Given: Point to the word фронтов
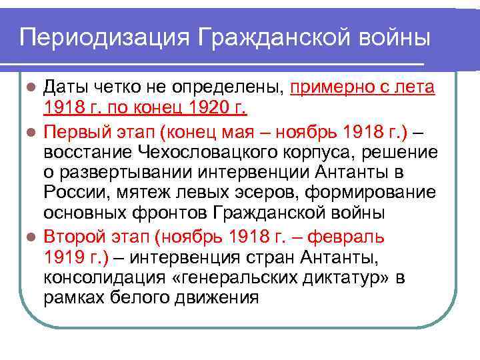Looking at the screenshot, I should coord(182,213).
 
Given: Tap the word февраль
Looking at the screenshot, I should coord(349,236).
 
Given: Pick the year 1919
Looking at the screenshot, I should coord(63,257).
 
